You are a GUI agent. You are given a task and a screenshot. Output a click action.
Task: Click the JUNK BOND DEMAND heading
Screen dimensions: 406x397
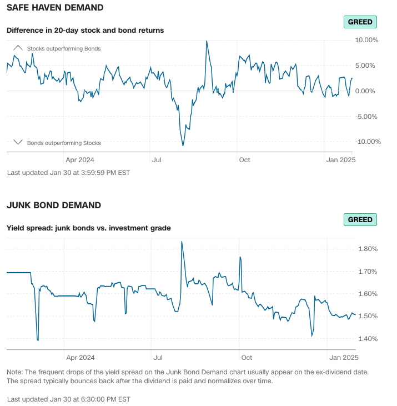click(53, 205)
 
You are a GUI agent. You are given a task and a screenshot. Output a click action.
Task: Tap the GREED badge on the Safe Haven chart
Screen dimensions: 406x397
click(360, 22)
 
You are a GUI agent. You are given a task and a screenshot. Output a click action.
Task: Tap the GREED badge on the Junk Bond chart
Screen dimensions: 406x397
click(360, 219)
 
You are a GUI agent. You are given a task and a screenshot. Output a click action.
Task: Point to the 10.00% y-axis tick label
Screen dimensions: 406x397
click(366, 40)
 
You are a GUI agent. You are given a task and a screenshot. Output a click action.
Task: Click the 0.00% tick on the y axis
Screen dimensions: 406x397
click(368, 91)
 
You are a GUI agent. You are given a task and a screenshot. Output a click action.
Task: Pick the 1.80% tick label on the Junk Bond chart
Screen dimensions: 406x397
click(368, 249)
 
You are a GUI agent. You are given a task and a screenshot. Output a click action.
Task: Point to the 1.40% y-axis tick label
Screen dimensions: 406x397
click(368, 339)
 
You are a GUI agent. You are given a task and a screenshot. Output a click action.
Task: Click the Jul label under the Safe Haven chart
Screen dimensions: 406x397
click(157, 160)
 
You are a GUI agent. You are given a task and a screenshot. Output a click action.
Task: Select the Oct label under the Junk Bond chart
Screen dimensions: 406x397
click(245, 358)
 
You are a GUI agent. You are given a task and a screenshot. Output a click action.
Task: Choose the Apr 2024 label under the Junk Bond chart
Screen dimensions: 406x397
click(80, 358)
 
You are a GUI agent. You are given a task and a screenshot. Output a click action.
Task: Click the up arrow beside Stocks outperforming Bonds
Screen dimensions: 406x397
click(18, 48)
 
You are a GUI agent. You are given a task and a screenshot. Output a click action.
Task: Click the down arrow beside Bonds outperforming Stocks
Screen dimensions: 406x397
click(18, 142)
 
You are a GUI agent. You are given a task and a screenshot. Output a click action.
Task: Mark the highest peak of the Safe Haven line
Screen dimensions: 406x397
click(207, 41)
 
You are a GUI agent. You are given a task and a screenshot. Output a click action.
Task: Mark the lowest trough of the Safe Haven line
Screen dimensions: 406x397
click(183, 146)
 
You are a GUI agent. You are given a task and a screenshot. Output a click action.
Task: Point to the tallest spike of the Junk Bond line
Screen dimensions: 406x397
click(182, 242)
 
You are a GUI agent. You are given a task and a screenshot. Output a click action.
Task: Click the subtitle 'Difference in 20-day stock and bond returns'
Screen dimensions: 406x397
click(85, 30)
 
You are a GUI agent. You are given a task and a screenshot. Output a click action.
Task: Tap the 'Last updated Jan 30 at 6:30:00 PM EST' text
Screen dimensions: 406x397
click(69, 399)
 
